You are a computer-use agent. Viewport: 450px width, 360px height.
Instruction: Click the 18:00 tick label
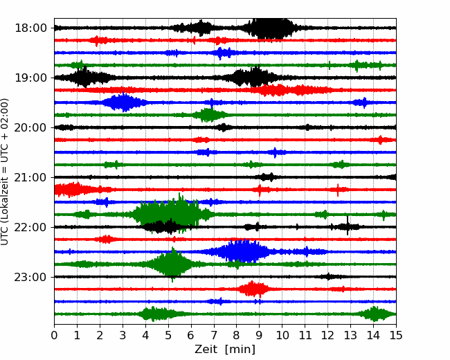click(30, 28)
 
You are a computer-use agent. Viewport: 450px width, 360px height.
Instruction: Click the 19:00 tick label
click(30, 78)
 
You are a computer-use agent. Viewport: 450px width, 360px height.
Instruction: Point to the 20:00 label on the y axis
click(30, 127)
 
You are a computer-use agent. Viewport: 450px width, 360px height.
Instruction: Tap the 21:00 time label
click(30, 177)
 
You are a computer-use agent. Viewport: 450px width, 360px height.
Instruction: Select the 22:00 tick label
click(30, 227)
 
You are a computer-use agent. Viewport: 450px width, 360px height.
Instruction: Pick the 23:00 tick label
click(30, 277)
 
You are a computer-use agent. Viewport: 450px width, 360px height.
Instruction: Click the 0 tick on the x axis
click(54, 335)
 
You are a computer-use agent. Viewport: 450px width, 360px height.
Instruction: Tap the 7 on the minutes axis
click(214, 335)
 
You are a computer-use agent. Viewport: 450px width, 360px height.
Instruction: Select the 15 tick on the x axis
click(396, 335)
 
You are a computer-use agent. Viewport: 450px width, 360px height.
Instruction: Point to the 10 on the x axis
click(282, 335)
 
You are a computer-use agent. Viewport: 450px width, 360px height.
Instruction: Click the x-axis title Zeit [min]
click(225, 349)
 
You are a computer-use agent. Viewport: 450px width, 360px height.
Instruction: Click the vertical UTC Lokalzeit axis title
click(4, 172)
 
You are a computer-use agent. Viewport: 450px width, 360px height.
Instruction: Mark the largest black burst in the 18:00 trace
click(270, 28)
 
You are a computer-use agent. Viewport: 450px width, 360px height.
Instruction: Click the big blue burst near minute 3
click(124, 102)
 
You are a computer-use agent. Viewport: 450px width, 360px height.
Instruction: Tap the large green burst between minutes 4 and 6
click(168, 213)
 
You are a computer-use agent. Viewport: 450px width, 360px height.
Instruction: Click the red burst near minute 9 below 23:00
click(253, 289)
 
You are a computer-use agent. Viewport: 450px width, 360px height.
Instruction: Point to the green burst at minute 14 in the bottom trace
click(375, 314)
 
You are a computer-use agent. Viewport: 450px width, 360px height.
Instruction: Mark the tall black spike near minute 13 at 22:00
click(348, 226)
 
